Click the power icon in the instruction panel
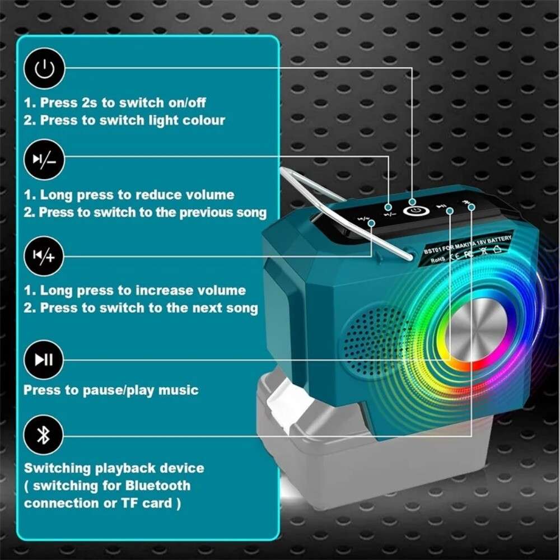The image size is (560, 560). click(x=44, y=69)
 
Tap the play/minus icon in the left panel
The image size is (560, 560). click(x=44, y=160)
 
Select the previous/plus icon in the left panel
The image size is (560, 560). click(x=44, y=256)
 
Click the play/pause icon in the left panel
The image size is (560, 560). click(x=44, y=359)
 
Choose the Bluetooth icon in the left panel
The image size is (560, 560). click(x=44, y=436)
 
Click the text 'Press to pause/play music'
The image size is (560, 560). click(x=111, y=390)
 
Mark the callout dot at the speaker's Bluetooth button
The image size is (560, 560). click(x=471, y=208)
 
